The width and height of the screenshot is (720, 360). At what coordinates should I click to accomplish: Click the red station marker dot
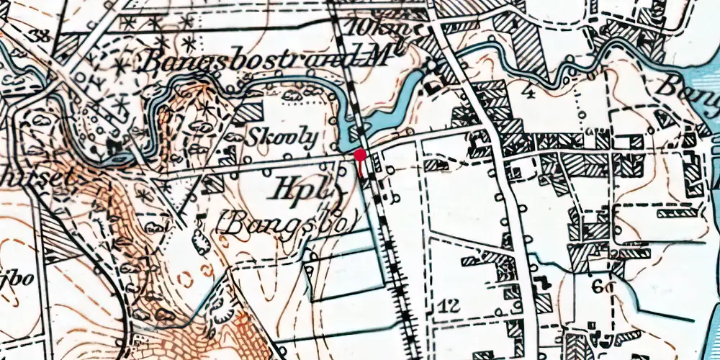coord(360,153)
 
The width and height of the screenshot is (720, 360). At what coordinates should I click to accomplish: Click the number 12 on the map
coord(448,307)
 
